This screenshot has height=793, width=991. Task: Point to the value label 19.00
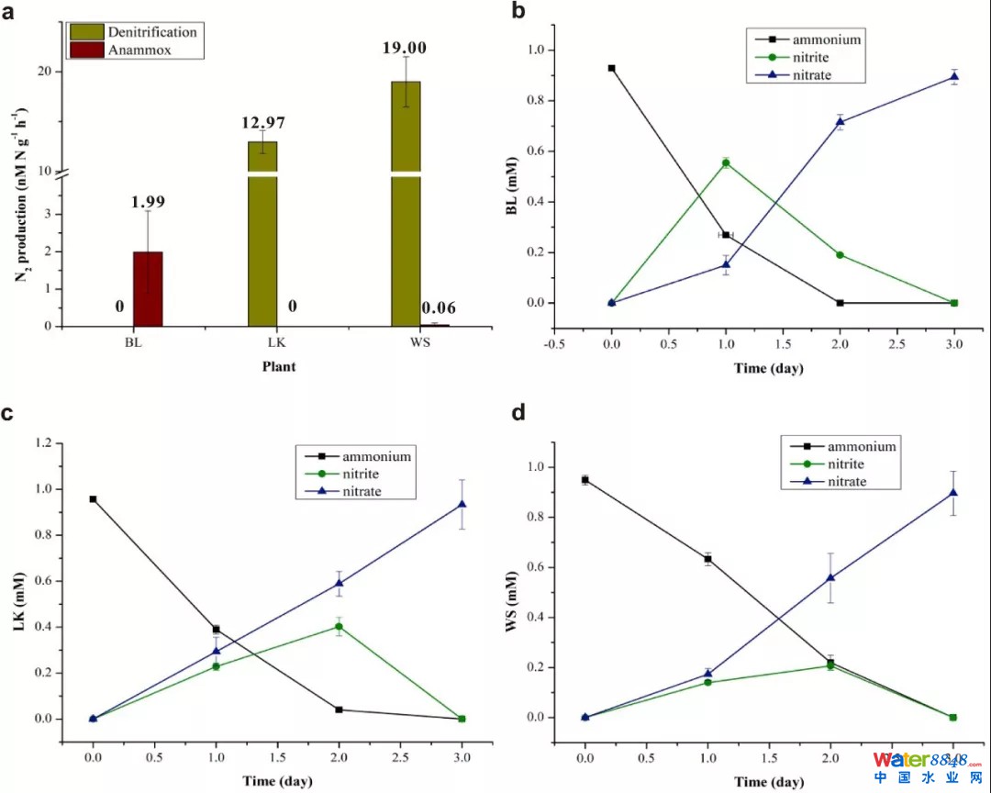pyautogui.click(x=405, y=48)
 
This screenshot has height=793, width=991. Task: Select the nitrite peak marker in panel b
pyautogui.click(x=726, y=163)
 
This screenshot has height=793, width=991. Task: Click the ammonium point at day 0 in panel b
pyautogui.click(x=612, y=68)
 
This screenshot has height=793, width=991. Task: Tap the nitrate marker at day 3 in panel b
pyautogui.click(x=954, y=76)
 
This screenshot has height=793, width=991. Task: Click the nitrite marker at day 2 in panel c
pyautogui.click(x=339, y=627)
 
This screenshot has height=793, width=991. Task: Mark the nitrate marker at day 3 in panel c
pyautogui.click(x=462, y=504)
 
